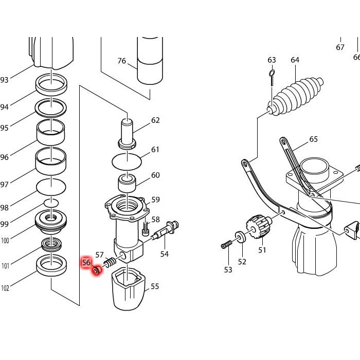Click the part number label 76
pyautogui.click(x=121, y=61)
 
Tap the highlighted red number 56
pyautogui.click(x=86, y=262)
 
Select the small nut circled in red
pyautogui.click(x=96, y=270)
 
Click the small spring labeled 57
pyautogui.click(x=109, y=264)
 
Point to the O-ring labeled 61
pyautogui.click(x=127, y=160)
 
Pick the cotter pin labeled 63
pyautogui.click(x=272, y=77)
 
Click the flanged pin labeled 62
pyautogui.click(x=127, y=133)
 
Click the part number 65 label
pyautogui.click(x=314, y=139)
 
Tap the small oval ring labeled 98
pyautogui.click(x=51, y=203)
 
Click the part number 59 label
pyautogui.click(x=155, y=200)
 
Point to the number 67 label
pyautogui.click(x=340, y=47)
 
